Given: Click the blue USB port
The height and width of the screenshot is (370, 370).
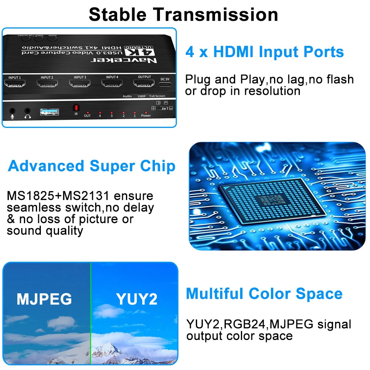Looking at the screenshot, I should [50, 112].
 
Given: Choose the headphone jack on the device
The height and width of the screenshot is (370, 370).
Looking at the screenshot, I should [27, 112].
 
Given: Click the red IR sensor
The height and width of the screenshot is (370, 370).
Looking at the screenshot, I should [76, 108].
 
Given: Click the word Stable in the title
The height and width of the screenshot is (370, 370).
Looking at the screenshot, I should [118, 15].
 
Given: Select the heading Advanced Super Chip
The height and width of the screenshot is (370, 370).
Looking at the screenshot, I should [92, 166].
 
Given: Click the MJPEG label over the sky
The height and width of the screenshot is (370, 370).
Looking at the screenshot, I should [44, 299].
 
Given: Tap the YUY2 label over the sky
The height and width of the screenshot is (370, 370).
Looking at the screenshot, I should [136, 299].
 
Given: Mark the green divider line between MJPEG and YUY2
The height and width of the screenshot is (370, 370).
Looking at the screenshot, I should [91, 312].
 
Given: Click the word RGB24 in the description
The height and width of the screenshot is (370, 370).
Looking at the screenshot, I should [242, 324].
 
